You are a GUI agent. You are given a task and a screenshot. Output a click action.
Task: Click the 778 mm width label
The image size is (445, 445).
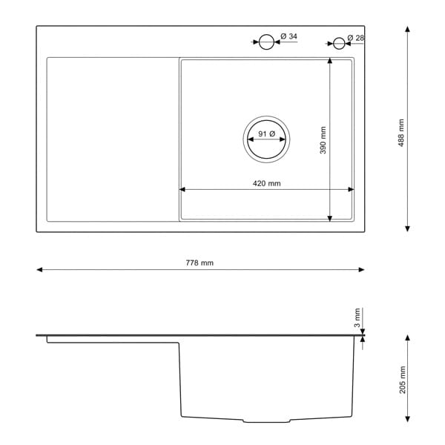200,263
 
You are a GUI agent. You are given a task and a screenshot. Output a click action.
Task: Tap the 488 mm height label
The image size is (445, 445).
400,133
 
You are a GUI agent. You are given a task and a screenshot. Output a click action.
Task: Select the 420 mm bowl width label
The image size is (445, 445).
266,183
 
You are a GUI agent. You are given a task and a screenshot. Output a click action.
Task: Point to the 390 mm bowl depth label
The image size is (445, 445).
323,140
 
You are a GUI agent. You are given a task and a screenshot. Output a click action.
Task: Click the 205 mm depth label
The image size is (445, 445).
403,380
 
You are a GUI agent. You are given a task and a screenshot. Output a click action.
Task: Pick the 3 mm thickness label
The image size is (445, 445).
357,317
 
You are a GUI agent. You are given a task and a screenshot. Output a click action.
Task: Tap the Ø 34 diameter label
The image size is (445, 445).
289,36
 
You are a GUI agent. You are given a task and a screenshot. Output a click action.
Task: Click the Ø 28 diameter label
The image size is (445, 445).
355,38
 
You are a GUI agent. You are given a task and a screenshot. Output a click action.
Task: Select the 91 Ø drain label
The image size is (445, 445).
267,133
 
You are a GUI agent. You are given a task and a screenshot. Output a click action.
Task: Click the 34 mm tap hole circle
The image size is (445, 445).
266,34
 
